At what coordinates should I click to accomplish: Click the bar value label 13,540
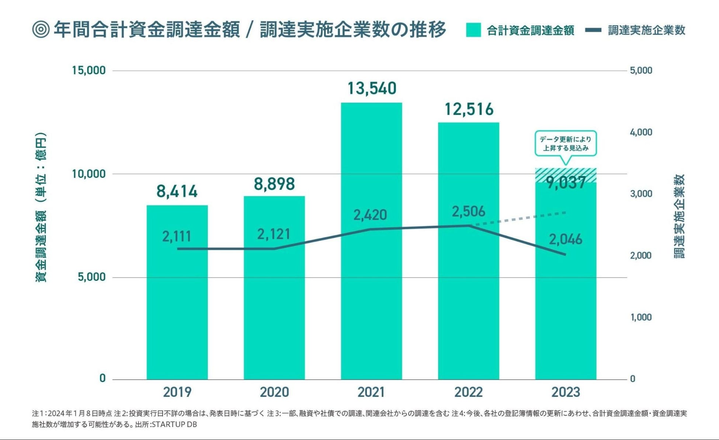tap(372, 89)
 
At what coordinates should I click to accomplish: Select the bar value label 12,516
tap(469, 109)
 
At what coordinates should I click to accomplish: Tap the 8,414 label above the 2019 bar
tap(177, 191)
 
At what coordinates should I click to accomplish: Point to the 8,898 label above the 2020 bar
tap(274, 184)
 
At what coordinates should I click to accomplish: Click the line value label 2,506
tap(469, 212)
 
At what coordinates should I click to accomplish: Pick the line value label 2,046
tap(566, 240)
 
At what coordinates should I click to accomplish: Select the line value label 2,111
tap(177, 236)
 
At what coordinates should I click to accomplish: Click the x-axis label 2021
tap(371, 392)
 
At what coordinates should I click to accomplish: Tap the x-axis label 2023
tap(566, 392)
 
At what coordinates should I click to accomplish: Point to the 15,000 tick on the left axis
tap(89, 70)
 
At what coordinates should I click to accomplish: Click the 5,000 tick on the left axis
tap(92, 277)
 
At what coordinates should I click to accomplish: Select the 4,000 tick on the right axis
tap(641, 132)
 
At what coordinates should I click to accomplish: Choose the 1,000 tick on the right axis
tap(641, 317)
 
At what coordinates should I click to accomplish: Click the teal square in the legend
tap(473, 30)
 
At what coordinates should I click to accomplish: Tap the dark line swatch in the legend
tap(593, 30)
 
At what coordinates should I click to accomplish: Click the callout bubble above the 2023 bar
tap(566, 144)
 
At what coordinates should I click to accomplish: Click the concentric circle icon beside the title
tap(41, 30)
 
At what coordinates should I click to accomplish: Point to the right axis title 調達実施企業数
tap(679, 216)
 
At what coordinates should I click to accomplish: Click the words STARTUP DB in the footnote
tap(174, 424)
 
